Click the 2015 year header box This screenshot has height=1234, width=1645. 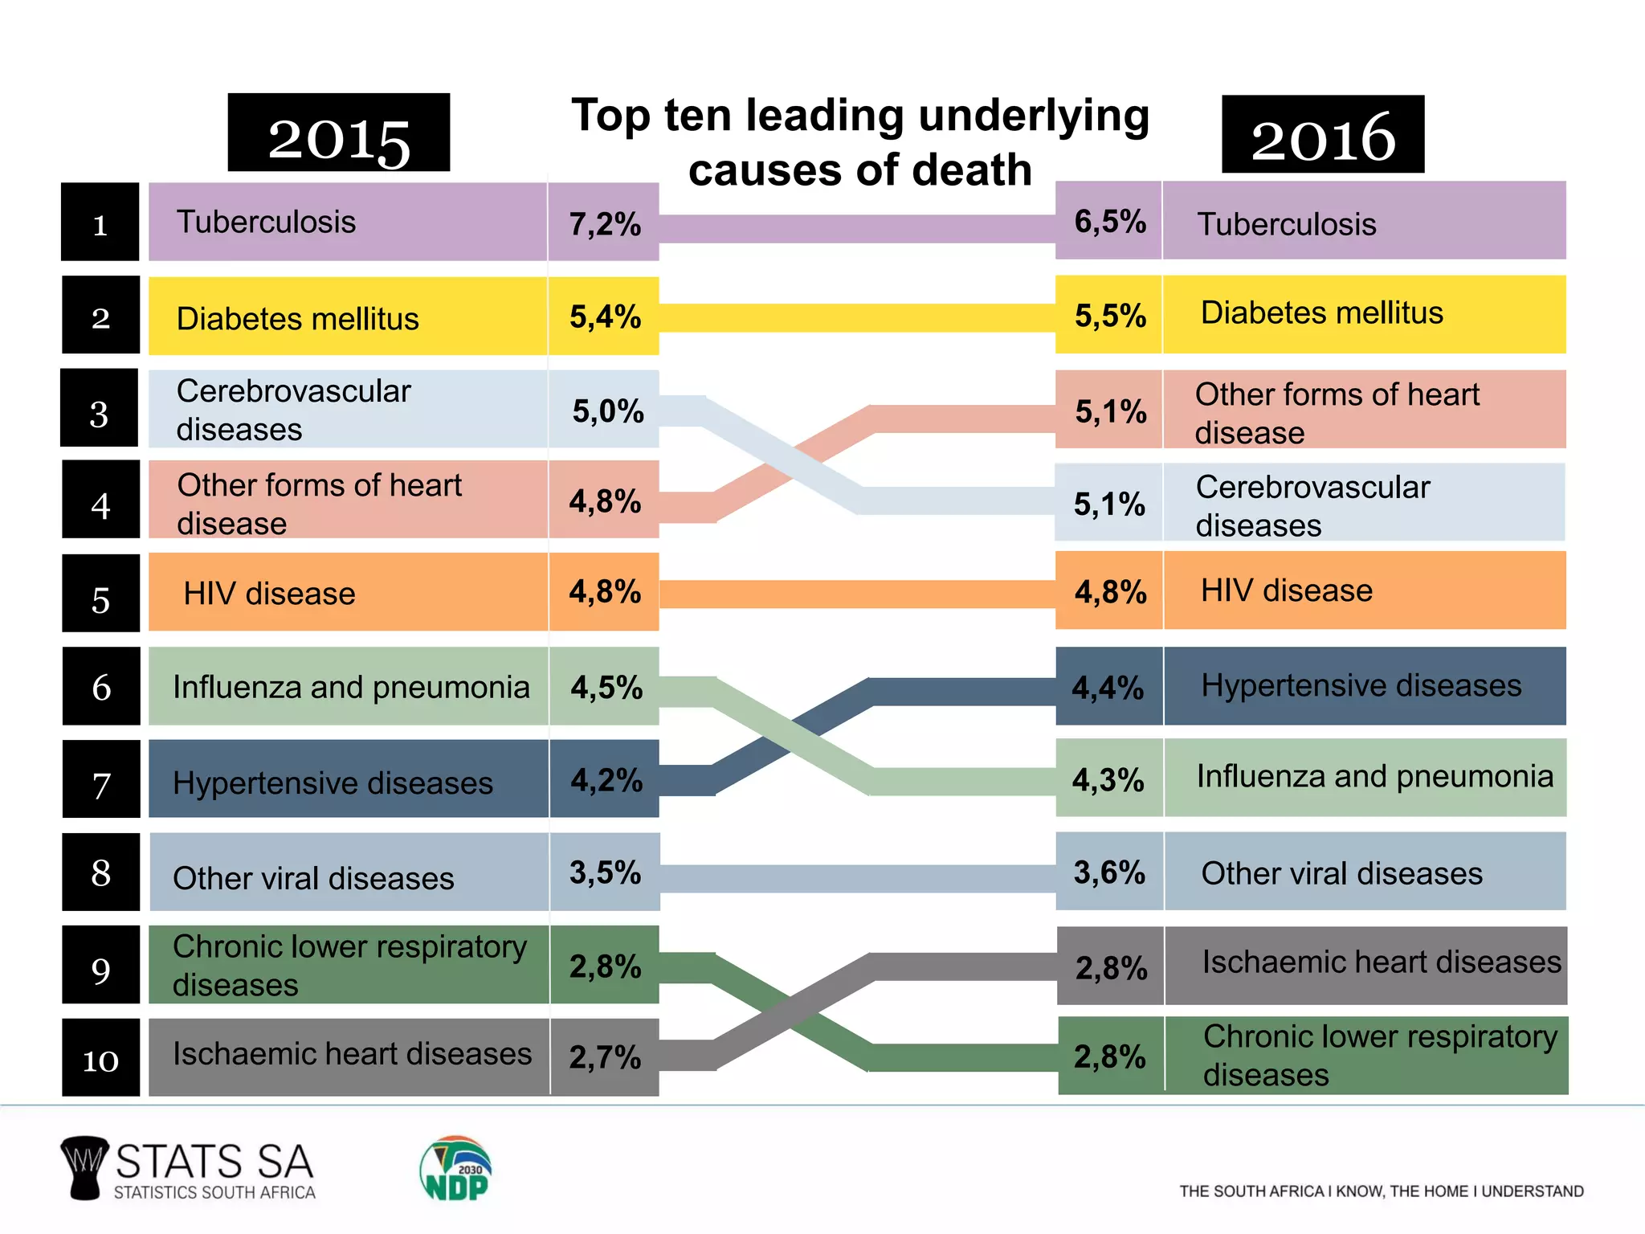[x=338, y=133]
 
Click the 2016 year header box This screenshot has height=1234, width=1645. [x=1322, y=135]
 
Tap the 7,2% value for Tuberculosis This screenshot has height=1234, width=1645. [x=604, y=223]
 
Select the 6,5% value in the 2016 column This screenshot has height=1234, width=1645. [x=1109, y=221]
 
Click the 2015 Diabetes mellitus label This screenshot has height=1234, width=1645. [x=297, y=318]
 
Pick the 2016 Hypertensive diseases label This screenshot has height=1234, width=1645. [x=1361, y=686]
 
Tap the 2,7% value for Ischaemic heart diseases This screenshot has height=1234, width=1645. [x=604, y=1057]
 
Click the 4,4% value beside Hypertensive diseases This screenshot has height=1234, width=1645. [x=1108, y=688]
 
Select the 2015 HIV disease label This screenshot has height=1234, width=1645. [x=269, y=594]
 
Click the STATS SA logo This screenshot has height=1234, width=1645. [x=190, y=1170]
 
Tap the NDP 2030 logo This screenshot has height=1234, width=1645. [x=455, y=1169]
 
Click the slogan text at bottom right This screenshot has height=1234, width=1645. [x=1381, y=1191]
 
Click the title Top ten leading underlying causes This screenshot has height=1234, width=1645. [x=859, y=141]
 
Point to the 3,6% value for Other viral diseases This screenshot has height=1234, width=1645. [x=1108, y=872]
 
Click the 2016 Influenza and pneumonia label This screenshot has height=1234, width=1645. [x=1374, y=777]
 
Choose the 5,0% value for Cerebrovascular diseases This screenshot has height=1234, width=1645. [x=607, y=411]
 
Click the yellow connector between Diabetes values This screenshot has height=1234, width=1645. [x=856, y=317]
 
